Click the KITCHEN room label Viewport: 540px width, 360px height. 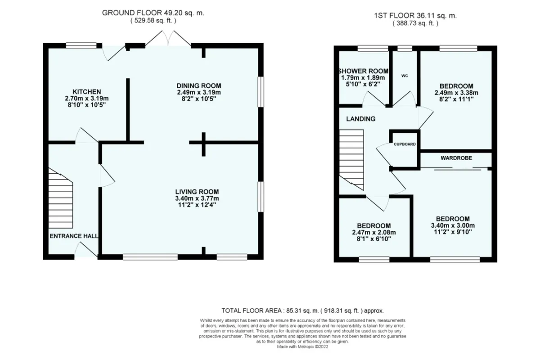point(87,92)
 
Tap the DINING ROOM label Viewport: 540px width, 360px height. point(199,86)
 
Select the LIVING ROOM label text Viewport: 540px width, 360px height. point(197,192)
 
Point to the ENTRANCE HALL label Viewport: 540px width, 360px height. point(74,236)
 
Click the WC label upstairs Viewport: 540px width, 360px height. point(405,76)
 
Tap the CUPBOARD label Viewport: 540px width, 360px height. point(405,144)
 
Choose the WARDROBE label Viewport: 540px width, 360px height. point(456,158)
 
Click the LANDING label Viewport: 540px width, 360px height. point(360,119)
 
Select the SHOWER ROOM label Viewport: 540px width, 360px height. point(363,71)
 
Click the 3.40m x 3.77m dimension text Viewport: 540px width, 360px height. point(197,198)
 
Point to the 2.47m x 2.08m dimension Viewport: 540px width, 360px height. point(374,233)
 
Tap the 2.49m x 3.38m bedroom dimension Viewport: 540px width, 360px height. point(456,93)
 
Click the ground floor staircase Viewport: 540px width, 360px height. point(60,198)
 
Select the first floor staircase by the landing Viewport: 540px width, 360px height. point(351,160)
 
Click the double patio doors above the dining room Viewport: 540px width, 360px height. point(168,38)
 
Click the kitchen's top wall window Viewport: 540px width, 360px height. point(81,45)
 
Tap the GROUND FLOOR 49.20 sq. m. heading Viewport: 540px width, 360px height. point(153,13)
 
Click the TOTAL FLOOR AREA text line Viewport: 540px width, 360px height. point(302,310)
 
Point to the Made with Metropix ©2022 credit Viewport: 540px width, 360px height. point(302,347)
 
